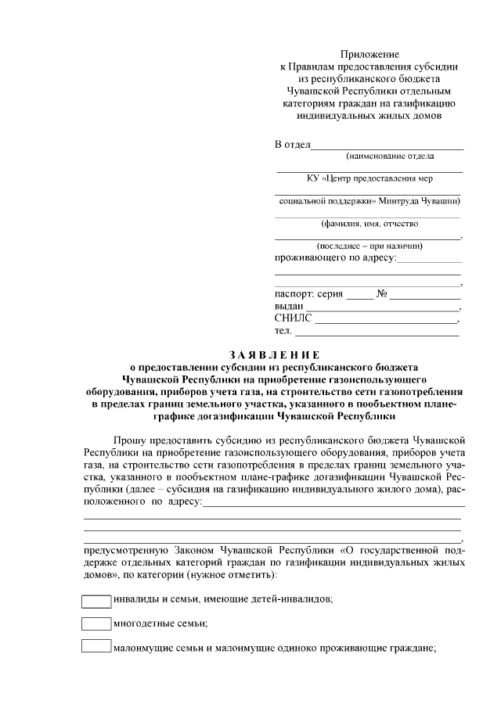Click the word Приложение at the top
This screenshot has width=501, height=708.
pos(369,54)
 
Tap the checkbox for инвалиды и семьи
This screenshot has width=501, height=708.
pos(97,600)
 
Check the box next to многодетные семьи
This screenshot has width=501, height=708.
pos(97,624)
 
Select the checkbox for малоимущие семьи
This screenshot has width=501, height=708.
pos(97,647)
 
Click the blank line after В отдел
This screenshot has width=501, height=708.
pos(387,147)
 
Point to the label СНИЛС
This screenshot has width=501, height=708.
pos(293,318)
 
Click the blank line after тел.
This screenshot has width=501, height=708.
pos(376,333)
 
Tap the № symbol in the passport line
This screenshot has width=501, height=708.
pos(383,294)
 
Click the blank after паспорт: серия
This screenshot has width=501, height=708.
pos(360,297)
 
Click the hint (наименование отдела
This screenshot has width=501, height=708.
pos(369,156)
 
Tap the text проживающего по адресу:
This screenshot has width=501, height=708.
pos(336,257)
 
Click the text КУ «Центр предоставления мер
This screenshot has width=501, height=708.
pos(369,178)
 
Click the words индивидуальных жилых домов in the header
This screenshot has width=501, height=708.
pos(369,115)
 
